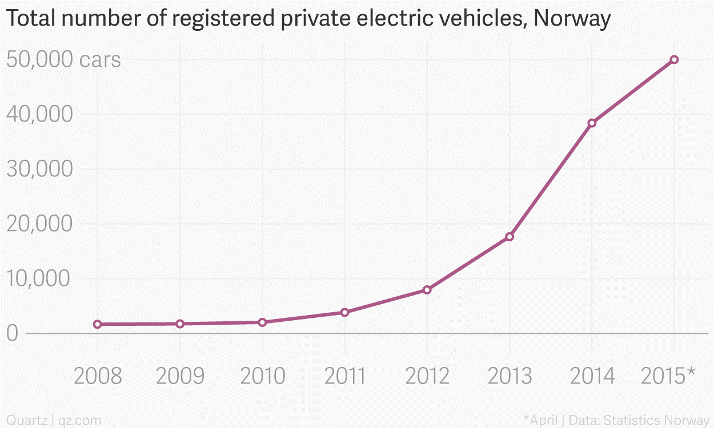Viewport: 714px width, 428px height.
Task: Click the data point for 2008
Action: pos(98,324)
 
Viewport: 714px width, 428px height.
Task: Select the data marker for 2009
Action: pos(180,324)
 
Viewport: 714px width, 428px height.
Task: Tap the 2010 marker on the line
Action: pos(262,322)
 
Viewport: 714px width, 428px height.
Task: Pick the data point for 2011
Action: pos(344,312)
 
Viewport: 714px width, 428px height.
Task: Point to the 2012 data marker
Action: pos(427,290)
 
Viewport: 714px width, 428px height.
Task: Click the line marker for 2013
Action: pos(510,237)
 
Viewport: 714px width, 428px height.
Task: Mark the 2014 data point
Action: pos(592,123)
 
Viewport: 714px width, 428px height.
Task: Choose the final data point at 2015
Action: pos(674,59)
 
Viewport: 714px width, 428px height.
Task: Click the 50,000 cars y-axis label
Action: pos(63,59)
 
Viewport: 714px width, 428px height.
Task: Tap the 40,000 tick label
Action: pos(39,114)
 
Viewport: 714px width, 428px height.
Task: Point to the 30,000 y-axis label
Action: pos(39,169)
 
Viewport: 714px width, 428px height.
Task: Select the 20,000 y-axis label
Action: pos(39,224)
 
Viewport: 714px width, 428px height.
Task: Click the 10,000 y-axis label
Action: pos(38,278)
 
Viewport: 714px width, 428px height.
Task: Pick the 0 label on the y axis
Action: pos(12,333)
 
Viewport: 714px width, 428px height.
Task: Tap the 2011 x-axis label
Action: pos(344,376)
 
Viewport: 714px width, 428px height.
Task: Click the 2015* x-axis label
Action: pos(668,376)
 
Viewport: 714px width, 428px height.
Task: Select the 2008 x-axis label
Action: pos(98,376)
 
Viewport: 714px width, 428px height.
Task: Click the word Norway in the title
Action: pos(572,18)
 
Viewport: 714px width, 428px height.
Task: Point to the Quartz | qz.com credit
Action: pos(54,421)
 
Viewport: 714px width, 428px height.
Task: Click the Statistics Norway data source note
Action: pos(657,421)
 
